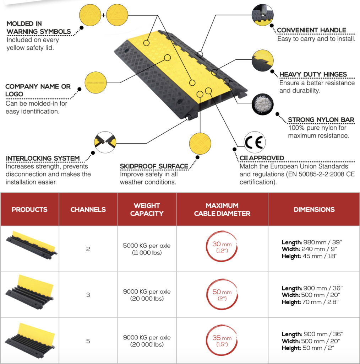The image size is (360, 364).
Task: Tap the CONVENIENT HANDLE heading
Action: (311, 30)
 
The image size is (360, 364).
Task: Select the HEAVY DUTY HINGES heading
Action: (313, 74)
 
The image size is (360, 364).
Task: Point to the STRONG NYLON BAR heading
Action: (321, 120)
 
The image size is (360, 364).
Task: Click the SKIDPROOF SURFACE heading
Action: (154, 166)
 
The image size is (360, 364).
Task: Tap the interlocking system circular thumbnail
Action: (105, 142)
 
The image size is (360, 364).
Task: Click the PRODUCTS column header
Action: (29, 209)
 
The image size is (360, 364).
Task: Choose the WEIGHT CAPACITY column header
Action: (147, 209)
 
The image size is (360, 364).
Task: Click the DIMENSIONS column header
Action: (314, 209)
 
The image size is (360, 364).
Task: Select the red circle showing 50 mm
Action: (222, 295)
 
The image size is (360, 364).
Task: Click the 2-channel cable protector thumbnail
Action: (31, 245)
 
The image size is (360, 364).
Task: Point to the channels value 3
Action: (88, 295)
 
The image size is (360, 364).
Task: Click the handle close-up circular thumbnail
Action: (262, 15)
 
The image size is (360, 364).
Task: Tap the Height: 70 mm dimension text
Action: (310, 302)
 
